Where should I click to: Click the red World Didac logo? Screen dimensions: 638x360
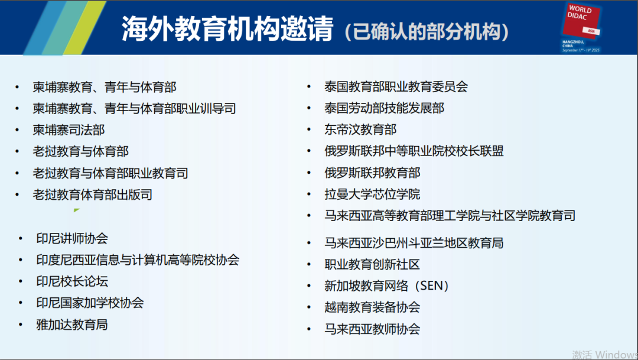point(581,21)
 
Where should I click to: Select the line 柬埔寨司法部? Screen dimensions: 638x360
point(69,130)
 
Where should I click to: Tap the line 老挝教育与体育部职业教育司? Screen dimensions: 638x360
point(110,173)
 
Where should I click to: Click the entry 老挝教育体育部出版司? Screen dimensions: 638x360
point(93,194)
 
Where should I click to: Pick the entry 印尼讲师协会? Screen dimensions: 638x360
point(72,238)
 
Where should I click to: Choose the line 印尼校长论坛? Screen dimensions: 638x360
point(72,281)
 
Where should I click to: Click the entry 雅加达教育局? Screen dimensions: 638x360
point(72,325)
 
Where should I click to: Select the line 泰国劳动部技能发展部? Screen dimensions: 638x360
point(385,108)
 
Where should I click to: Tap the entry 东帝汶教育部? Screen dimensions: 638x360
point(360,129)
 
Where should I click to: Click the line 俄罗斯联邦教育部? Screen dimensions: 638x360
point(372,173)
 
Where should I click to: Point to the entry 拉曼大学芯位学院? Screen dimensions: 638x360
point(372,194)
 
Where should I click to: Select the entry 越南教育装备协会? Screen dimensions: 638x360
point(372,307)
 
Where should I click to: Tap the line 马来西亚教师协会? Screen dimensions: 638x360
point(372,329)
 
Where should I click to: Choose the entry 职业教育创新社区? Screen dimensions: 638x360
point(372,264)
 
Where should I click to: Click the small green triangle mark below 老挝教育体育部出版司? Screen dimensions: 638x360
point(76,210)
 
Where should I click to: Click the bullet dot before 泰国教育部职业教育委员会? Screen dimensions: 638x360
point(309,86)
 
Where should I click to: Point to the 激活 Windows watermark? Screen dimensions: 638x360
point(605,354)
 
